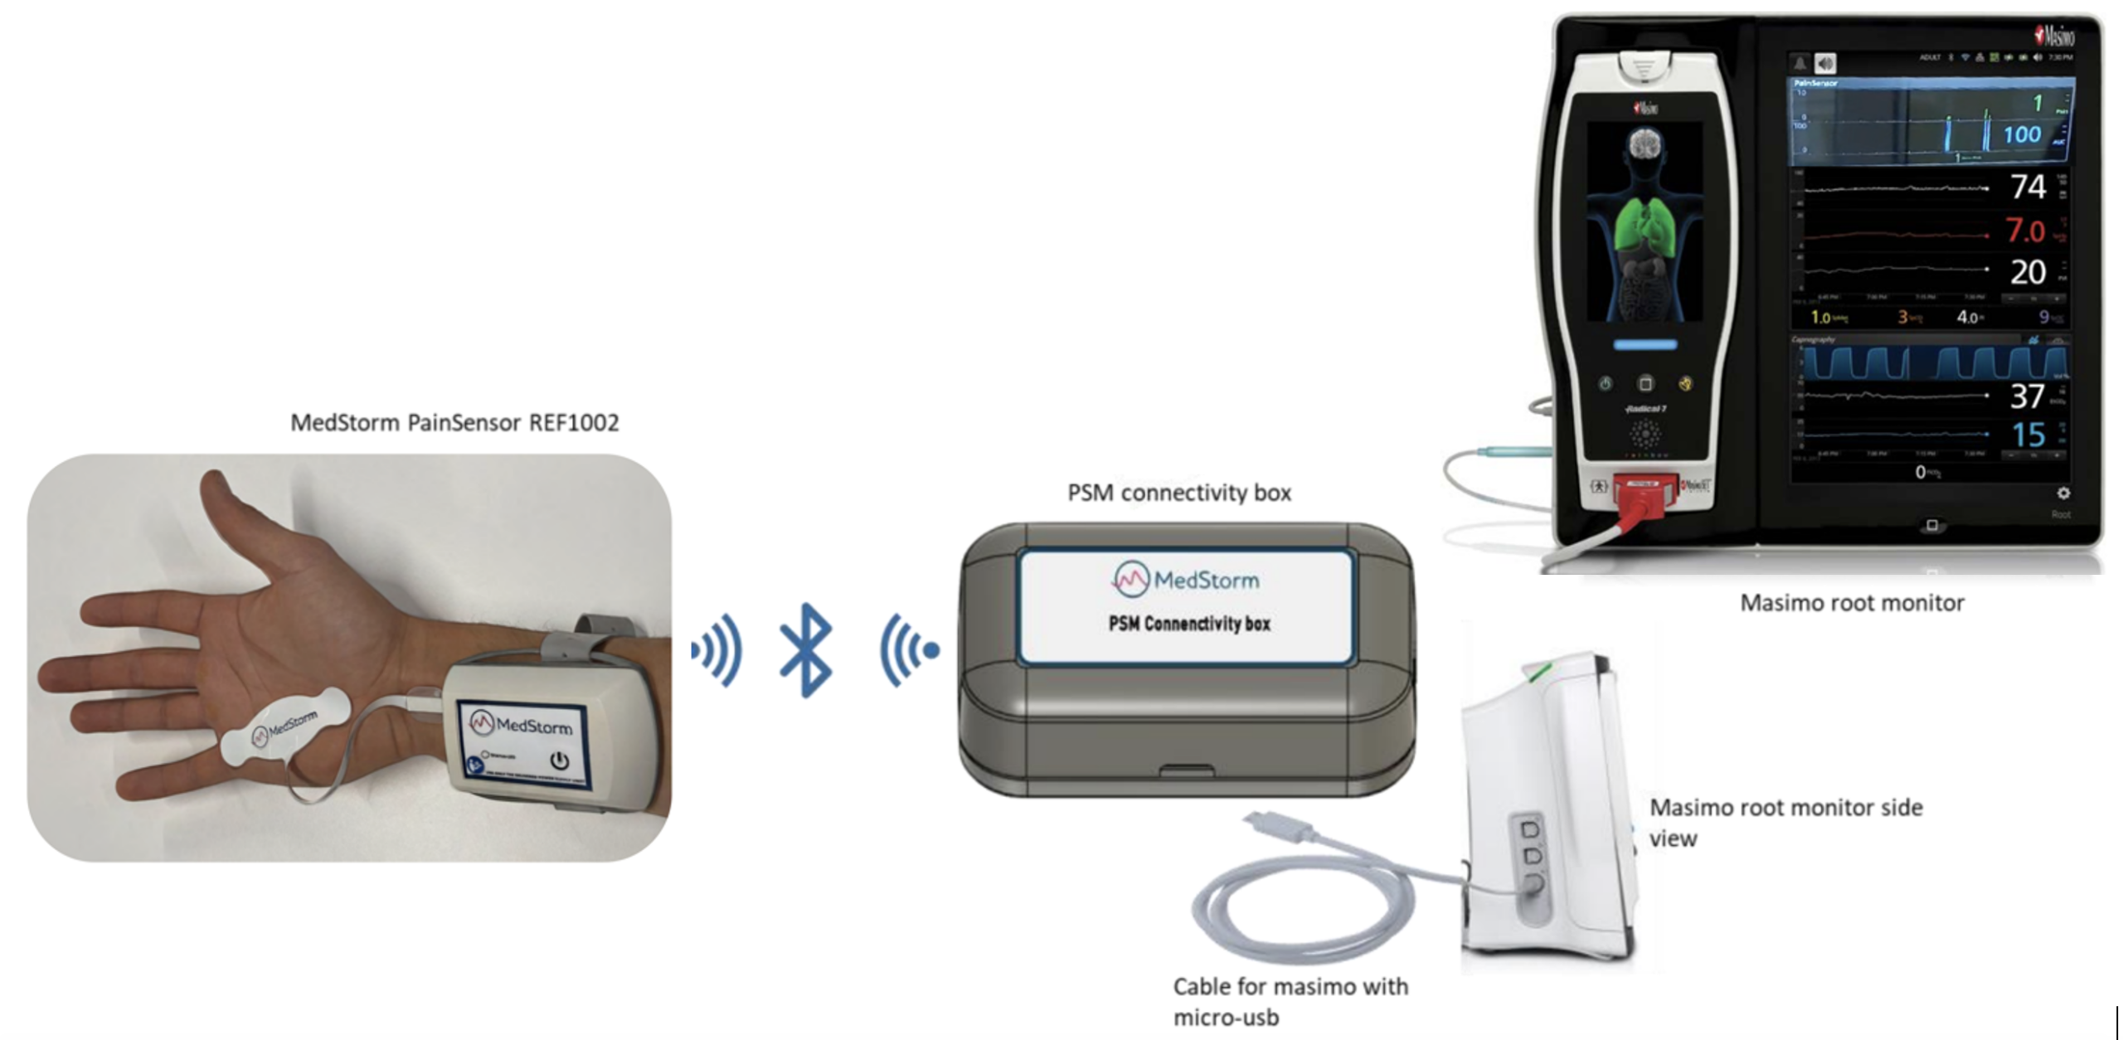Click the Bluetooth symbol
[x=805, y=650]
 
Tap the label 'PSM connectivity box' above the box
[x=1178, y=493]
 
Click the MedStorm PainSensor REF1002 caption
[x=454, y=423]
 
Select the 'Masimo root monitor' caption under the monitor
[x=1851, y=603]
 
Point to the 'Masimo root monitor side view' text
[x=1785, y=822]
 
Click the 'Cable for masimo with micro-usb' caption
[x=1290, y=1001]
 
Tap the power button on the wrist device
[x=560, y=760]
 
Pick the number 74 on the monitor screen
[x=2028, y=187]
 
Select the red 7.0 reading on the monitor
[x=2025, y=231]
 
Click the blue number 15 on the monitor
[x=2028, y=435]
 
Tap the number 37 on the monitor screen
[x=2027, y=396]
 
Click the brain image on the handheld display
[x=1644, y=147]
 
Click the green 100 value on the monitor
[x=2022, y=134]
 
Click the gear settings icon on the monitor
[x=2062, y=493]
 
